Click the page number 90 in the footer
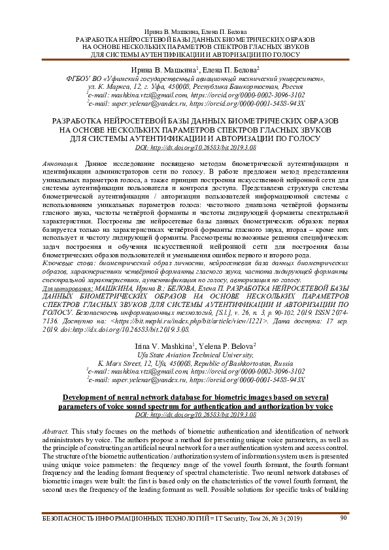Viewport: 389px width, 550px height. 344,518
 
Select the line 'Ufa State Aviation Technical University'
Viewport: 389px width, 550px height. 194,353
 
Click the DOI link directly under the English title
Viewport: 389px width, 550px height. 194,415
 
